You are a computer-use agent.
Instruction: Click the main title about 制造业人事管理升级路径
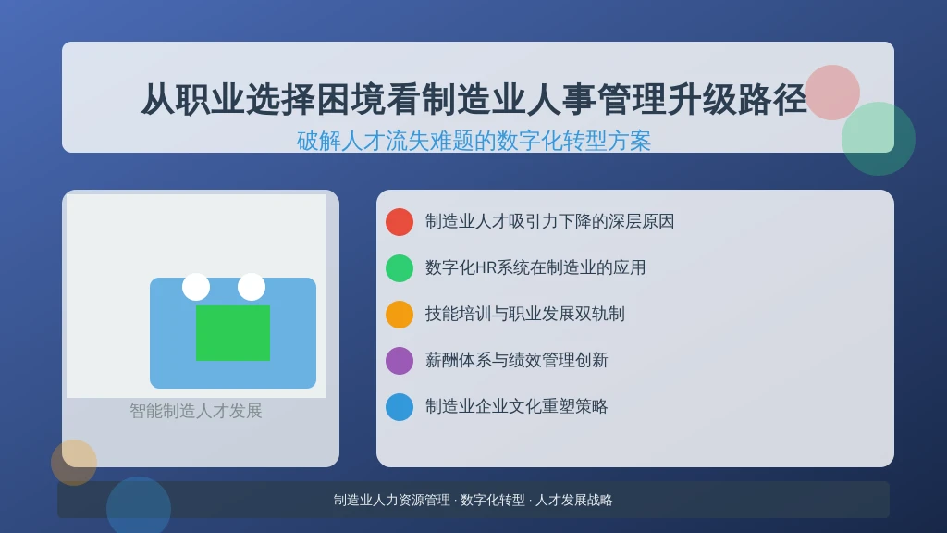click(473, 99)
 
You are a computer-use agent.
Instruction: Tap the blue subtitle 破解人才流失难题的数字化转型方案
click(473, 141)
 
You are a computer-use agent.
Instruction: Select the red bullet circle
click(400, 222)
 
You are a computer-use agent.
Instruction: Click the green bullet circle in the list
click(400, 268)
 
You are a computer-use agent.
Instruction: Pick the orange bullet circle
click(400, 315)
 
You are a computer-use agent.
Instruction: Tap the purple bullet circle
click(400, 361)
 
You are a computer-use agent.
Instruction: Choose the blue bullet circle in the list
click(400, 407)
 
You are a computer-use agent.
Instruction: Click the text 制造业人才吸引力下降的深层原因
click(549, 222)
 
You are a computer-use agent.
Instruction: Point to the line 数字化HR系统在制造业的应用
click(535, 267)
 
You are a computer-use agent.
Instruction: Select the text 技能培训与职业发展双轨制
click(525, 315)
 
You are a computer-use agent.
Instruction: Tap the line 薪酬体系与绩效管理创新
click(516, 360)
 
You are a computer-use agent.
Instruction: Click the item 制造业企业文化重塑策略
click(516, 407)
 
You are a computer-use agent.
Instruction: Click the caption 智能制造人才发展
click(196, 412)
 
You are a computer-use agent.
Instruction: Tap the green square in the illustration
click(233, 333)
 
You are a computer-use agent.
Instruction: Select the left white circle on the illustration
click(196, 287)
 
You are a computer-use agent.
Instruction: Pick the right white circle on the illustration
click(252, 287)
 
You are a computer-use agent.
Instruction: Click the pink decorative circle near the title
click(832, 93)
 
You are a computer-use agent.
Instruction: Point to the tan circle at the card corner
click(74, 463)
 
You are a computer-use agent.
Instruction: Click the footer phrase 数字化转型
click(493, 501)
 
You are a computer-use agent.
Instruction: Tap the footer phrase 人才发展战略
click(573, 501)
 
